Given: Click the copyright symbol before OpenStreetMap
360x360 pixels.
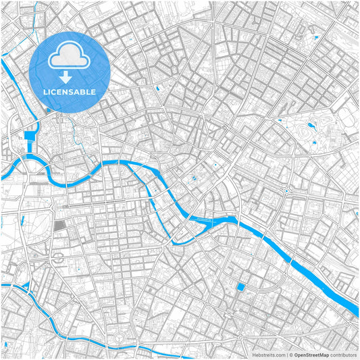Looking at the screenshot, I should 289,354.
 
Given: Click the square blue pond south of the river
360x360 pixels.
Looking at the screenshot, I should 241,288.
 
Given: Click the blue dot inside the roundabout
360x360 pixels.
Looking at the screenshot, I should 286,192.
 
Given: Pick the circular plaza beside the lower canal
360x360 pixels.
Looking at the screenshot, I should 122,337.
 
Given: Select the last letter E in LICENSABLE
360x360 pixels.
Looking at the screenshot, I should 93,91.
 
